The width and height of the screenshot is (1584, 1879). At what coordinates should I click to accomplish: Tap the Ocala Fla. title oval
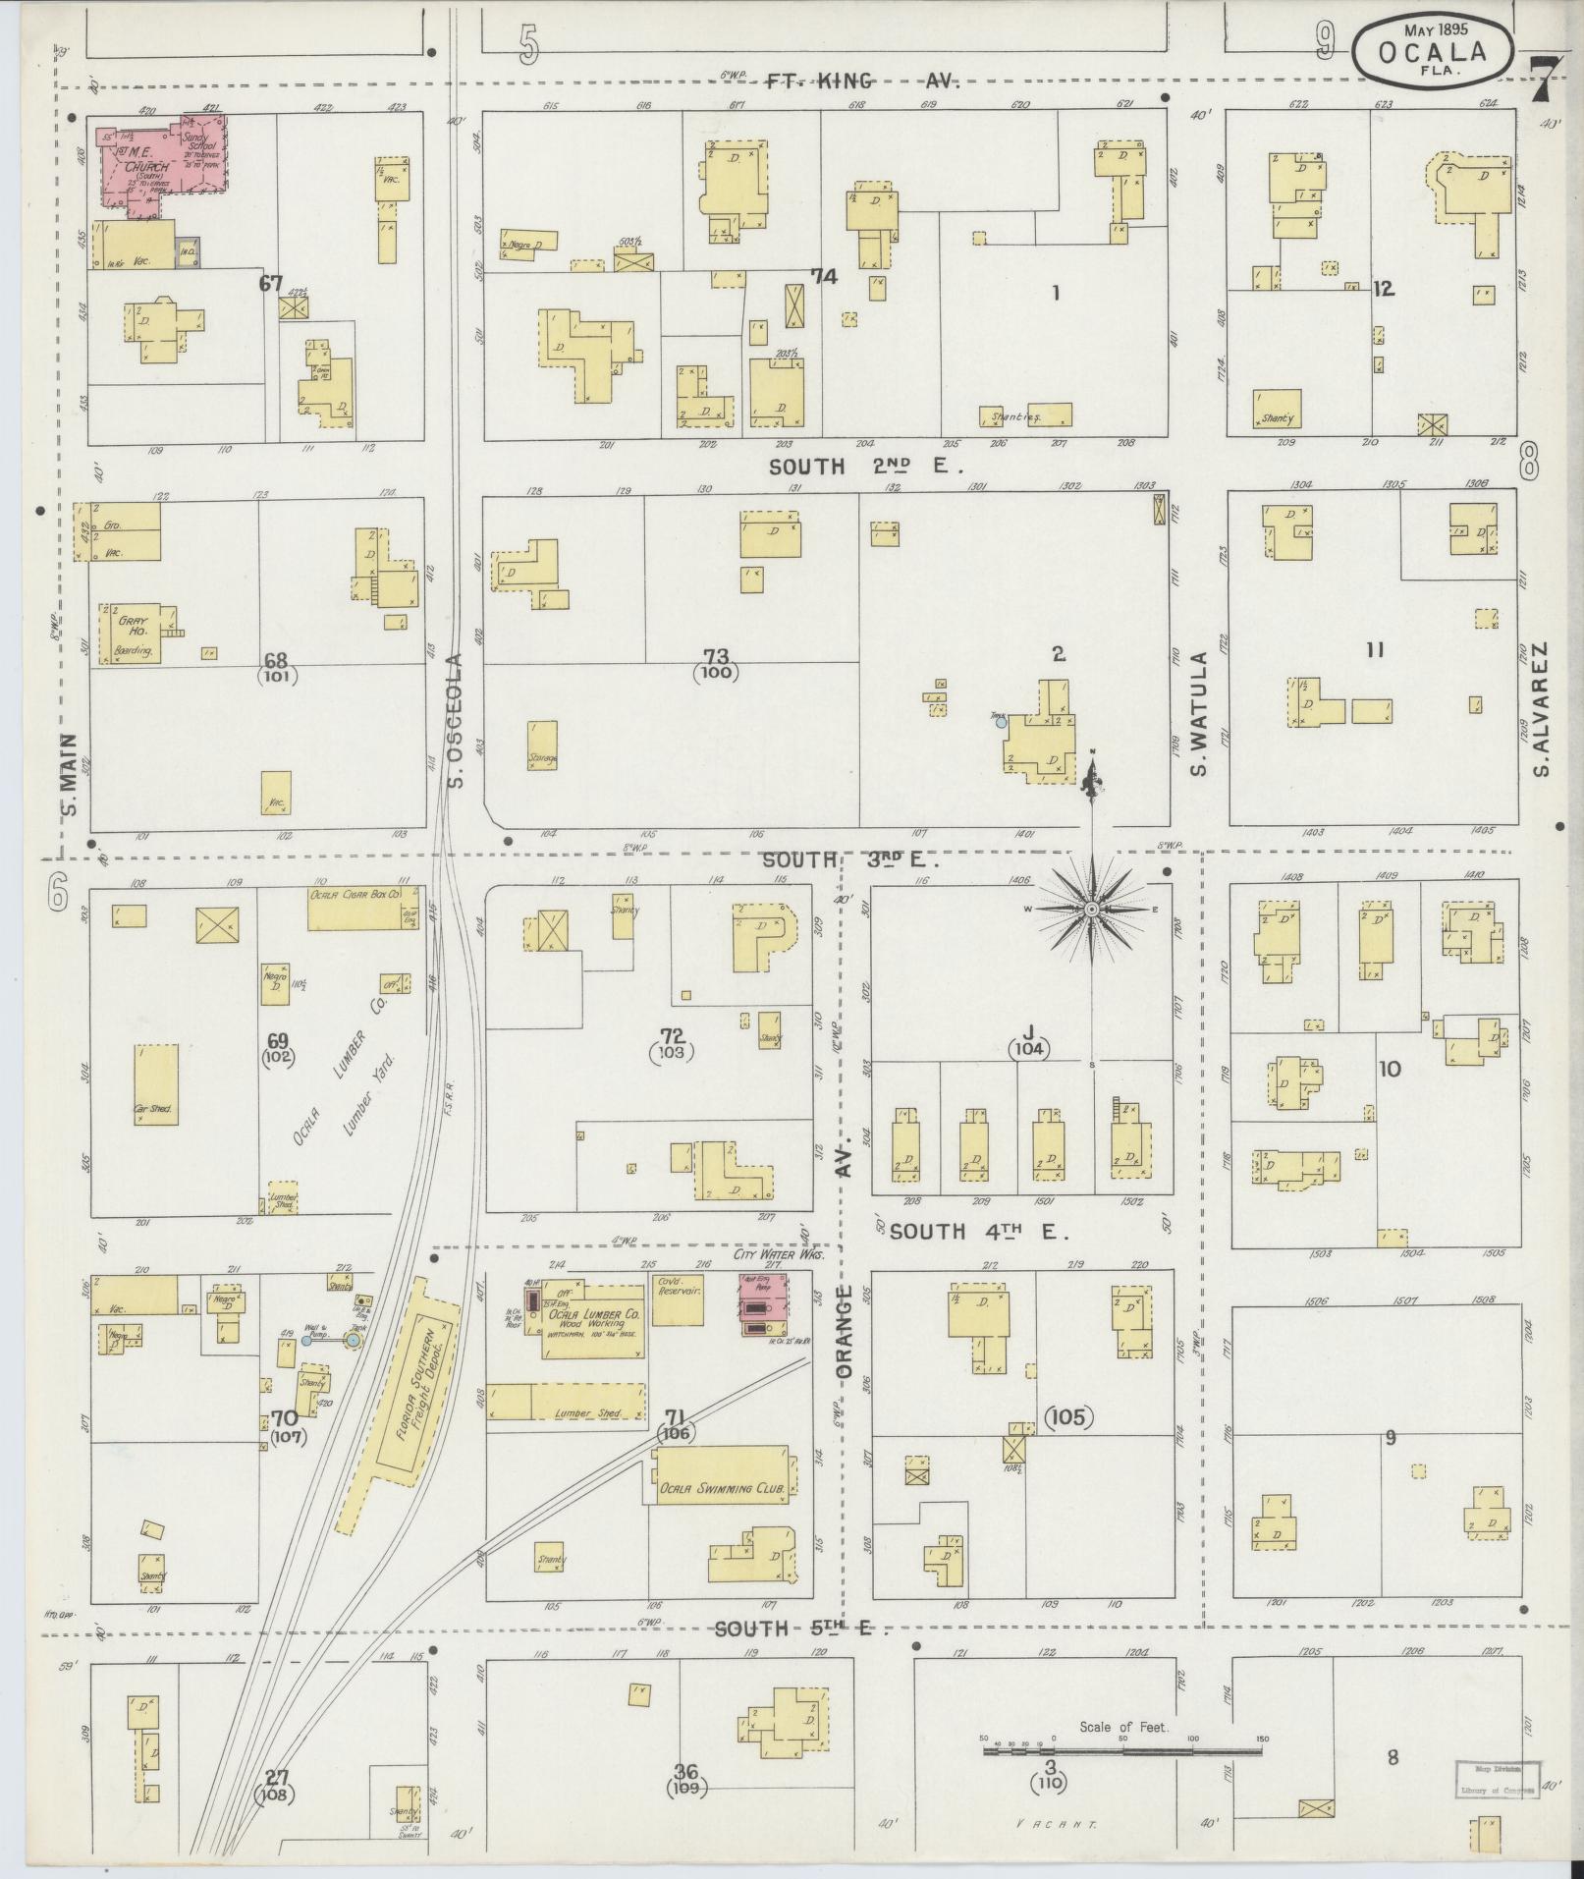click(x=1432, y=46)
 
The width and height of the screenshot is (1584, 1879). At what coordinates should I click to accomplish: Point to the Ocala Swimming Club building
click(x=722, y=1488)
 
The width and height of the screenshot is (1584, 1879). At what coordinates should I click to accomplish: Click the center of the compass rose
click(x=1091, y=911)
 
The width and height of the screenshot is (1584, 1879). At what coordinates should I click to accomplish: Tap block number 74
click(x=823, y=277)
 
